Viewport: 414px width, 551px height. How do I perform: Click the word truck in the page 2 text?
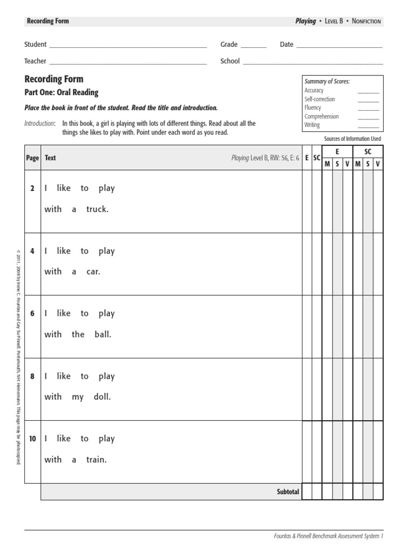click(97, 209)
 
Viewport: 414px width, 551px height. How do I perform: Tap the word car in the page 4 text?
click(93, 272)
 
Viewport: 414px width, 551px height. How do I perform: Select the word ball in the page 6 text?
click(102, 334)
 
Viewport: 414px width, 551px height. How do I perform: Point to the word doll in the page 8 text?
click(101, 397)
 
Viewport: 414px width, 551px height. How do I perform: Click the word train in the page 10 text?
click(96, 460)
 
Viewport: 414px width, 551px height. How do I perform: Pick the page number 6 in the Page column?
click(32, 314)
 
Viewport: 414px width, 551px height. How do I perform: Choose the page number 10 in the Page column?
click(32, 439)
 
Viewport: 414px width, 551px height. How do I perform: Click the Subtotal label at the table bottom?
click(288, 492)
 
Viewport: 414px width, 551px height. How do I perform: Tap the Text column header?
click(50, 158)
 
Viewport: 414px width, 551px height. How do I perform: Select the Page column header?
click(32, 158)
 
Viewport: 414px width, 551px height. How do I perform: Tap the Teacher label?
click(35, 61)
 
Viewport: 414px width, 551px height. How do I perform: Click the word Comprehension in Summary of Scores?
click(321, 116)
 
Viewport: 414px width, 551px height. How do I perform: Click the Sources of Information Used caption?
click(352, 139)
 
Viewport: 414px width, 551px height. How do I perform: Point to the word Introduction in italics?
click(39, 124)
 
